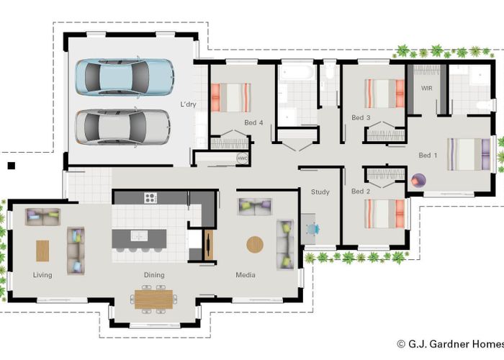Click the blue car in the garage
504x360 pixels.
click(x=125, y=77)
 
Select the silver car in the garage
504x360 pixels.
click(x=123, y=127)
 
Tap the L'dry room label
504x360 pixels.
click(x=188, y=104)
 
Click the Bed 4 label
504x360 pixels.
click(x=253, y=122)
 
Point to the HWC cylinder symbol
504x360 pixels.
click(x=242, y=158)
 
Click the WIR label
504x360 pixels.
click(x=427, y=88)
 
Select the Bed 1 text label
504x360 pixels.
click(x=428, y=156)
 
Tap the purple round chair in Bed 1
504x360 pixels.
click(x=418, y=181)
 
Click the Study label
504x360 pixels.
click(x=320, y=192)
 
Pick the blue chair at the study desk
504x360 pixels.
click(x=312, y=229)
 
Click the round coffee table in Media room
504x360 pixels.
click(x=255, y=245)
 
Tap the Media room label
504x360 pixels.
click(x=246, y=275)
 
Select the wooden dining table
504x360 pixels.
click(x=153, y=300)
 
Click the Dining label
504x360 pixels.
click(x=154, y=275)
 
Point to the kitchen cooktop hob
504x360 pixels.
click(x=150, y=198)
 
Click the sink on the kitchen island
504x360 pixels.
click(x=139, y=235)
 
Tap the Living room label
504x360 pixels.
click(x=42, y=275)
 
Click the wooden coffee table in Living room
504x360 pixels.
click(x=42, y=251)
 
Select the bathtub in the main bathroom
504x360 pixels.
click(x=296, y=72)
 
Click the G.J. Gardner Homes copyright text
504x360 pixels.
click(x=450, y=344)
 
